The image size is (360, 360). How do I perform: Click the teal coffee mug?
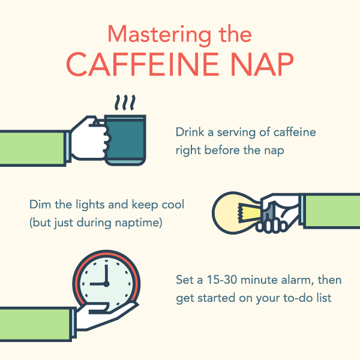tap(125, 137)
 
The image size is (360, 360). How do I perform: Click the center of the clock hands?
tap(106, 284)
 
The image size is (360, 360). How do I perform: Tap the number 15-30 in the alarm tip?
tap(212, 280)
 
